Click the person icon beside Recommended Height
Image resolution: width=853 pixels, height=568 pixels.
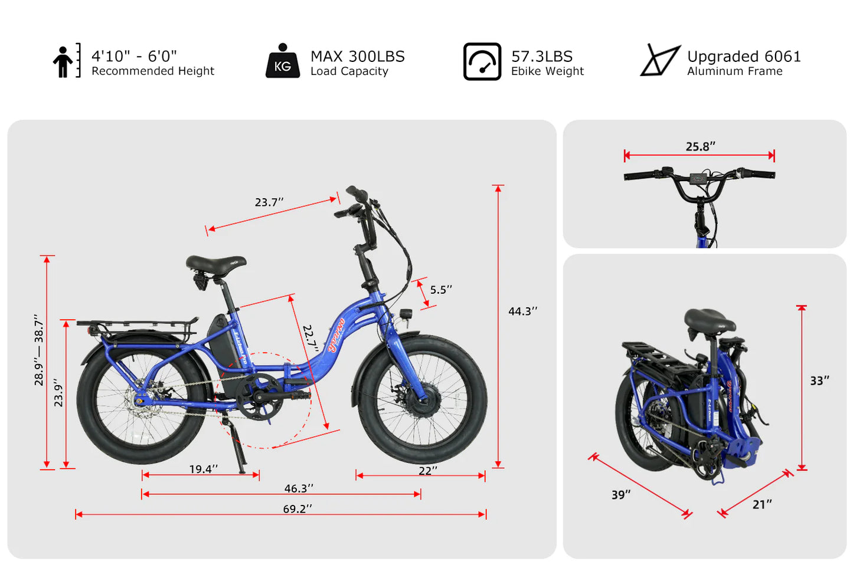click(x=63, y=61)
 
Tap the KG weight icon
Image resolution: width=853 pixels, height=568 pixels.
click(x=282, y=61)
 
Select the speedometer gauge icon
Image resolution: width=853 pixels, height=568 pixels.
click(x=482, y=61)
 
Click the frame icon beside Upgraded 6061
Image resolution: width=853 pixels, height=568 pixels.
click(x=660, y=60)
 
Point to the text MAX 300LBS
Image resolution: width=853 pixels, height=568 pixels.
click(x=357, y=56)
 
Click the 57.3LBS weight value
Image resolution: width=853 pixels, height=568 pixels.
click(x=541, y=56)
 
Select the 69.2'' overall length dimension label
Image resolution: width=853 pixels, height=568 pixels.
click(x=297, y=508)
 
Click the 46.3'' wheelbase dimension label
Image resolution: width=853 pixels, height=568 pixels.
click(x=298, y=488)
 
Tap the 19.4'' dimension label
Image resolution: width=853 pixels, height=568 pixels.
click(x=203, y=469)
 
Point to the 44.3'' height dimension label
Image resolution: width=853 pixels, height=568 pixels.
click(x=522, y=311)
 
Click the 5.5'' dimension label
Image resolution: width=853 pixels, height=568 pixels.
click(x=440, y=290)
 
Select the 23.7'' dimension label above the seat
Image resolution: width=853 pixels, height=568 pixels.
click(x=269, y=202)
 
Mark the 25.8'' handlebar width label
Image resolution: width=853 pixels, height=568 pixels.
click(x=700, y=146)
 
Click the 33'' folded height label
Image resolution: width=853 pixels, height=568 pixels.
click(x=819, y=380)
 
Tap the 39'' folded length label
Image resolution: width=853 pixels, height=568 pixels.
click(x=620, y=494)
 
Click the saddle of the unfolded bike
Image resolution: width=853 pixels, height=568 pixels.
click(x=215, y=264)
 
